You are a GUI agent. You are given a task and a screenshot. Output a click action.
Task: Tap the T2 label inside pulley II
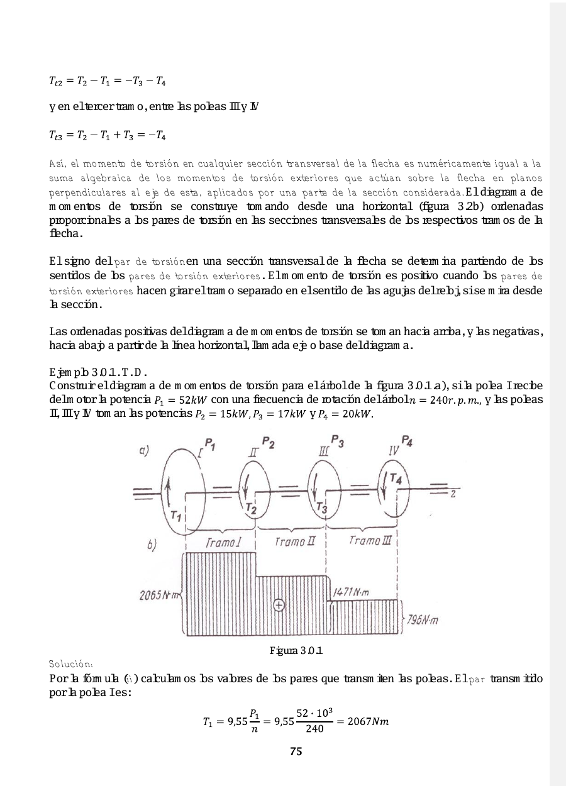click(251, 507)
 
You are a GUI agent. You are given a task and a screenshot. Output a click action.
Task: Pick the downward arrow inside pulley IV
click(384, 483)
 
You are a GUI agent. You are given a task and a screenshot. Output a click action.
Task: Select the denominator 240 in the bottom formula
click(314, 729)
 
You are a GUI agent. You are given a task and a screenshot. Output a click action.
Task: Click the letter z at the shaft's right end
click(453, 494)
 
